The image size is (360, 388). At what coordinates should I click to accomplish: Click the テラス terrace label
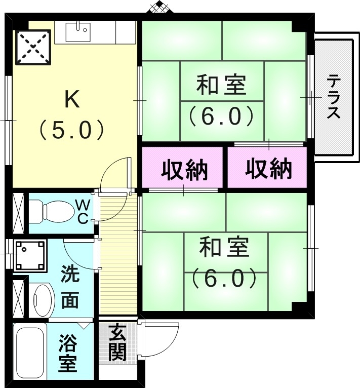(333, 97)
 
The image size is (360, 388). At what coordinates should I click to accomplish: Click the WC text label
(83, 211)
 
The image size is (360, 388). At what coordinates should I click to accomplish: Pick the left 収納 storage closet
(183, 168)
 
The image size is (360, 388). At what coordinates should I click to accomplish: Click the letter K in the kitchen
(71, 100)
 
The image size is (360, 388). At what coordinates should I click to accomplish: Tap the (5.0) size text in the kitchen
(72, 130)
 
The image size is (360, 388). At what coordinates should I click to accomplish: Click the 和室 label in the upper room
(221, 85)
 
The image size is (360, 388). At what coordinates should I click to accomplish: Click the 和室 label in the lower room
(224, 248)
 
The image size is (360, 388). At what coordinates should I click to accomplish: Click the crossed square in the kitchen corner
(33, 47)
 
